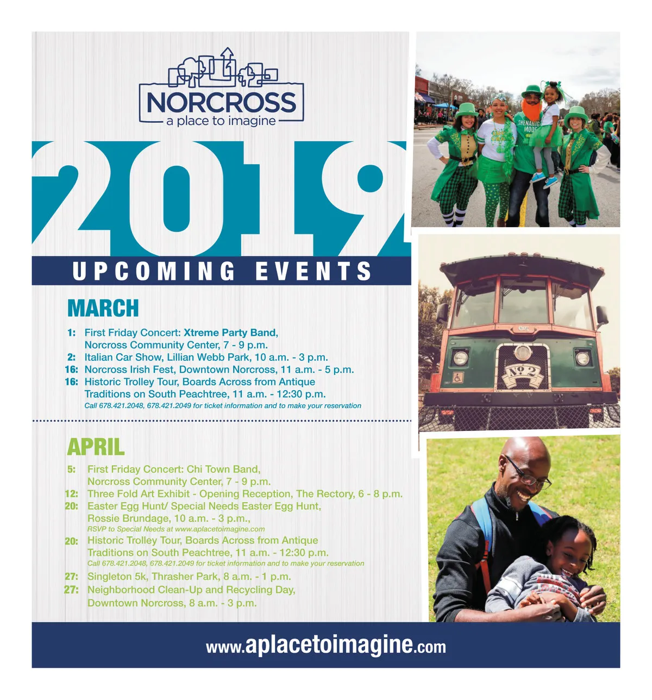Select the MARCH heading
(x=103, y=308)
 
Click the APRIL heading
(x=96, y=446)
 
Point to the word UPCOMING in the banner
(x=154, y=271)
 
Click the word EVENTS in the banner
(x=314, y=271)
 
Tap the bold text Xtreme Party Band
(x=231, y=333)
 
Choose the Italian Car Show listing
(x=206, y=357)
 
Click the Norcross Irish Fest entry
(x=219, y=370)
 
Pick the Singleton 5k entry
(x=189, y=577)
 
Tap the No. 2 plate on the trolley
(x=523, y=375)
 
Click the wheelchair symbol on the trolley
(x=457, y=377)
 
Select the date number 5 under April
(x=72, y=469)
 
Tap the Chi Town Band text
(x=223, y=469)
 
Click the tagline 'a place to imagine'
(x=221, y=121)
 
